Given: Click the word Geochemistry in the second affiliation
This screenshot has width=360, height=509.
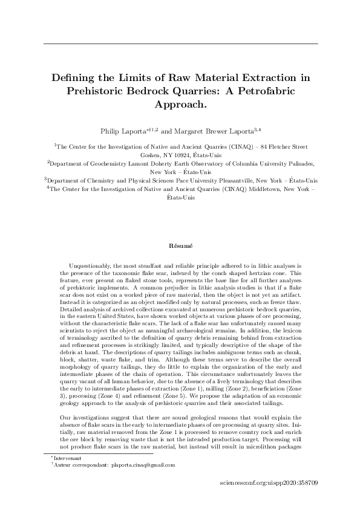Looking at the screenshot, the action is pos(105,163).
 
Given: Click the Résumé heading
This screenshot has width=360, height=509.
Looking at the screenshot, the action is pos(180,246).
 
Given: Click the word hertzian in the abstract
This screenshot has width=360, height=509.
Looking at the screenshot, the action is pos(235,273).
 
